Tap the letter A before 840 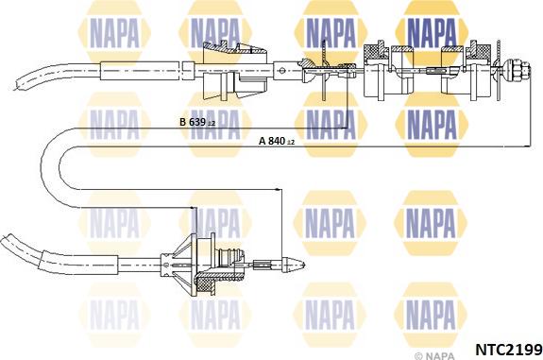[x=262, y=142]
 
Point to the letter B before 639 [x=183, y=124]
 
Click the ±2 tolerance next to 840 [x=291, y=143]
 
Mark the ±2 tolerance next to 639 [x=213, y=125]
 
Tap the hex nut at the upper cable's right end [x=518, y=70]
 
